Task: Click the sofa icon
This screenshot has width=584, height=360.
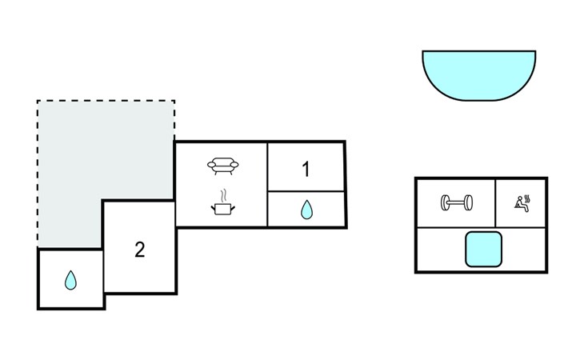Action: pos(222,166)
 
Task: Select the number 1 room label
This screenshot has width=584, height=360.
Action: pos(306,169)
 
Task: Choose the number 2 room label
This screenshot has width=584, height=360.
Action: pos(139,250)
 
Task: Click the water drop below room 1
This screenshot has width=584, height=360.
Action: pos(306,210)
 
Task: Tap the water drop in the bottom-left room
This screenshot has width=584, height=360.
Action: pos(70,280)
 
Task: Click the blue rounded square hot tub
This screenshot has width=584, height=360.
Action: pos(483,249)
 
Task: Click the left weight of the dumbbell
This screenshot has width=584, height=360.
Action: pos(444,202)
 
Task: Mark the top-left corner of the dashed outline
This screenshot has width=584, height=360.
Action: pos(38,102)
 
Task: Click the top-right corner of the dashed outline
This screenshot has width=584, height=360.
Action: pos(174,102)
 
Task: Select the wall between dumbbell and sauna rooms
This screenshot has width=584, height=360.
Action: pos(496,203)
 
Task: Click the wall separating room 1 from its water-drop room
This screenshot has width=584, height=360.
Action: pos(306,192)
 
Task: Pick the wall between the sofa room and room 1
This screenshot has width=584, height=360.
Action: pos(267,184)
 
